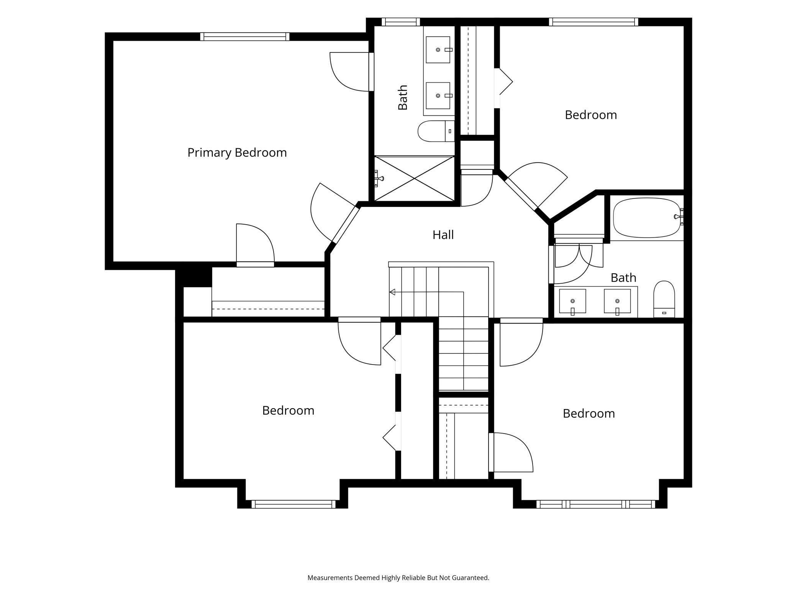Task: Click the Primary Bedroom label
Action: [x=237, y=153]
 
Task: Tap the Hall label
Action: [x=443, y=235]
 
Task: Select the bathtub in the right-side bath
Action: [x=647, y=218]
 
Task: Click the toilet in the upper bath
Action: [x=436, y=131]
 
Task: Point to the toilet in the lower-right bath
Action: [x=664, y=299]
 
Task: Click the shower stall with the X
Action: [x=414, y=178]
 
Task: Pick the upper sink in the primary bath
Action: [x=438, y=50]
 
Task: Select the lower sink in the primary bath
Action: [x=438, y=95]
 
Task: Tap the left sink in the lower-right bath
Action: [x=572, y=301]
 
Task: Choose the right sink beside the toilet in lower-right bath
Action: [x=617, y=301]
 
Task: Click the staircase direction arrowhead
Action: [x=392, y=292]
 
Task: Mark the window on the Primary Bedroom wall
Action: [x=244, y=36]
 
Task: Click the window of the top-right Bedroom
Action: [x=594, y=22]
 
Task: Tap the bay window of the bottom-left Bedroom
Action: [x=294, y=504]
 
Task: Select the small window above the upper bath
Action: [x=400, y=22]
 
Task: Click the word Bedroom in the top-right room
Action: [x=591, y=115]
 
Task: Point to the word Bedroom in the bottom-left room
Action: [x=288, y=411]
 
